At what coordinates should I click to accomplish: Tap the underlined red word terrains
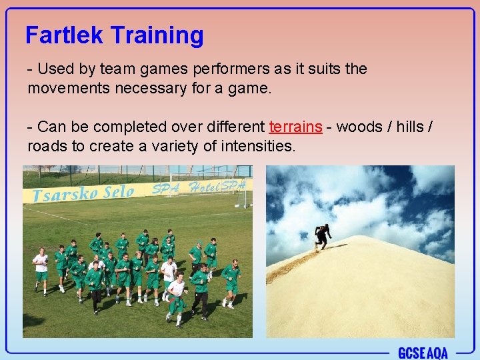tap(296, 127)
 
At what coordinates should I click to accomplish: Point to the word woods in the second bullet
tap(357, 127)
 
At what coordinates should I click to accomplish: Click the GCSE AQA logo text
tap(423, 353)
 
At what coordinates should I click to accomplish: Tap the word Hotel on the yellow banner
tap(203, 187)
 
